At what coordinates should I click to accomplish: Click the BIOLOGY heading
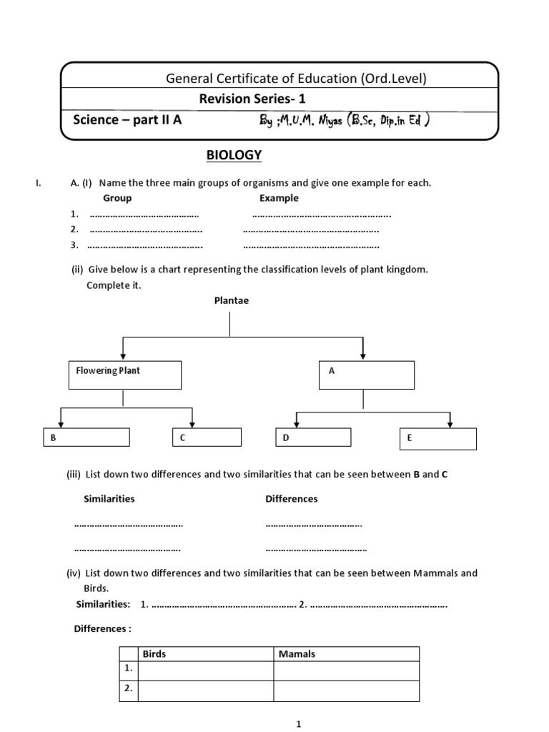(224, 155)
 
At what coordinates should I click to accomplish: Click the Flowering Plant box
(124, 375)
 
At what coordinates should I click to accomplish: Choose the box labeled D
(314, 437)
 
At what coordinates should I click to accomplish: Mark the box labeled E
(437, 439)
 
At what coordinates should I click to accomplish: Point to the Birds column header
(154, 653)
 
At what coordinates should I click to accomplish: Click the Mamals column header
(297, 653)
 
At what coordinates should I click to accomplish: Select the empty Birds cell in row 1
(206, 670)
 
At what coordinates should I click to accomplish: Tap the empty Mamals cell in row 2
(346, 690)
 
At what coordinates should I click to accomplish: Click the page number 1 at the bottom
(299, 724)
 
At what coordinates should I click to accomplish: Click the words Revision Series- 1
(256, 99)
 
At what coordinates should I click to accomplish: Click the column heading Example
(279, 198)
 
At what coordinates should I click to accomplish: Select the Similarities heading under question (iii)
(109, 498)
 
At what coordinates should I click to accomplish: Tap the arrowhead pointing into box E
(450, 425)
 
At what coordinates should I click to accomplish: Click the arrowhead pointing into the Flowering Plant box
(124, 355)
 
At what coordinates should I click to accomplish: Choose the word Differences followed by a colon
(103, 628)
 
